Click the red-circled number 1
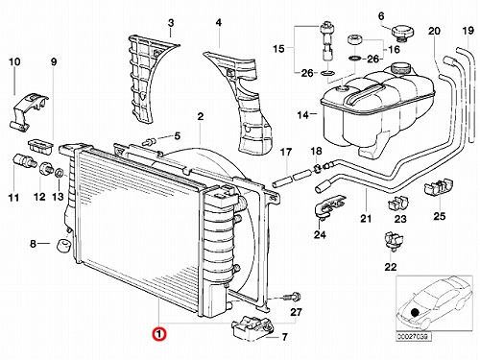pos(159,334)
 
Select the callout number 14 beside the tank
pos(302,114)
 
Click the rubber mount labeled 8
pos(63,246)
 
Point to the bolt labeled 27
pos(292,298)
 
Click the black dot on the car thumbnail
pos(415,312)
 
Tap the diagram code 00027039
pos(414,337)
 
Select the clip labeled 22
pos(394,240)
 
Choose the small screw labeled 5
pos(150,141)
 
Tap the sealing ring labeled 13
pos(60,174)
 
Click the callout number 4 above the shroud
pos(219,23)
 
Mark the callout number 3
pos(171,23)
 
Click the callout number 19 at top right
pos(468,31)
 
